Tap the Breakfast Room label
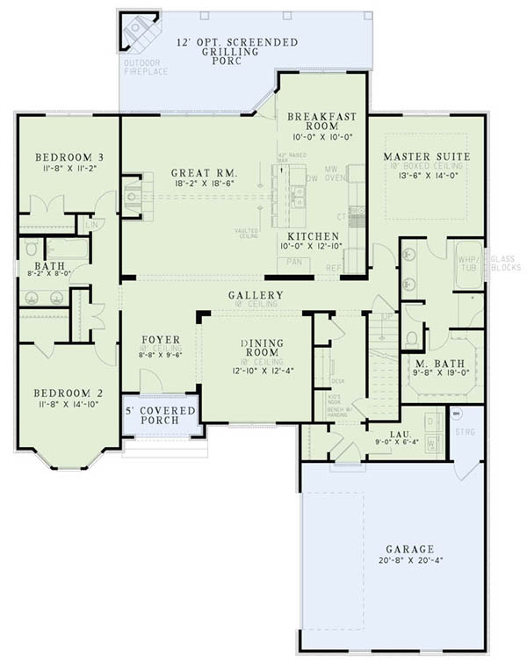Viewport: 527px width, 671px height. [322, 120]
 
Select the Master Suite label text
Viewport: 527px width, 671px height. [427, 157]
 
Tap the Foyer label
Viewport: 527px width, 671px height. [160, 339]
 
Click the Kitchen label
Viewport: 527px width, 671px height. [314, 236]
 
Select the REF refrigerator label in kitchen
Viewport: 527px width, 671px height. [333, 269]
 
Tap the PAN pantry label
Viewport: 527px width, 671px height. [295, 261]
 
